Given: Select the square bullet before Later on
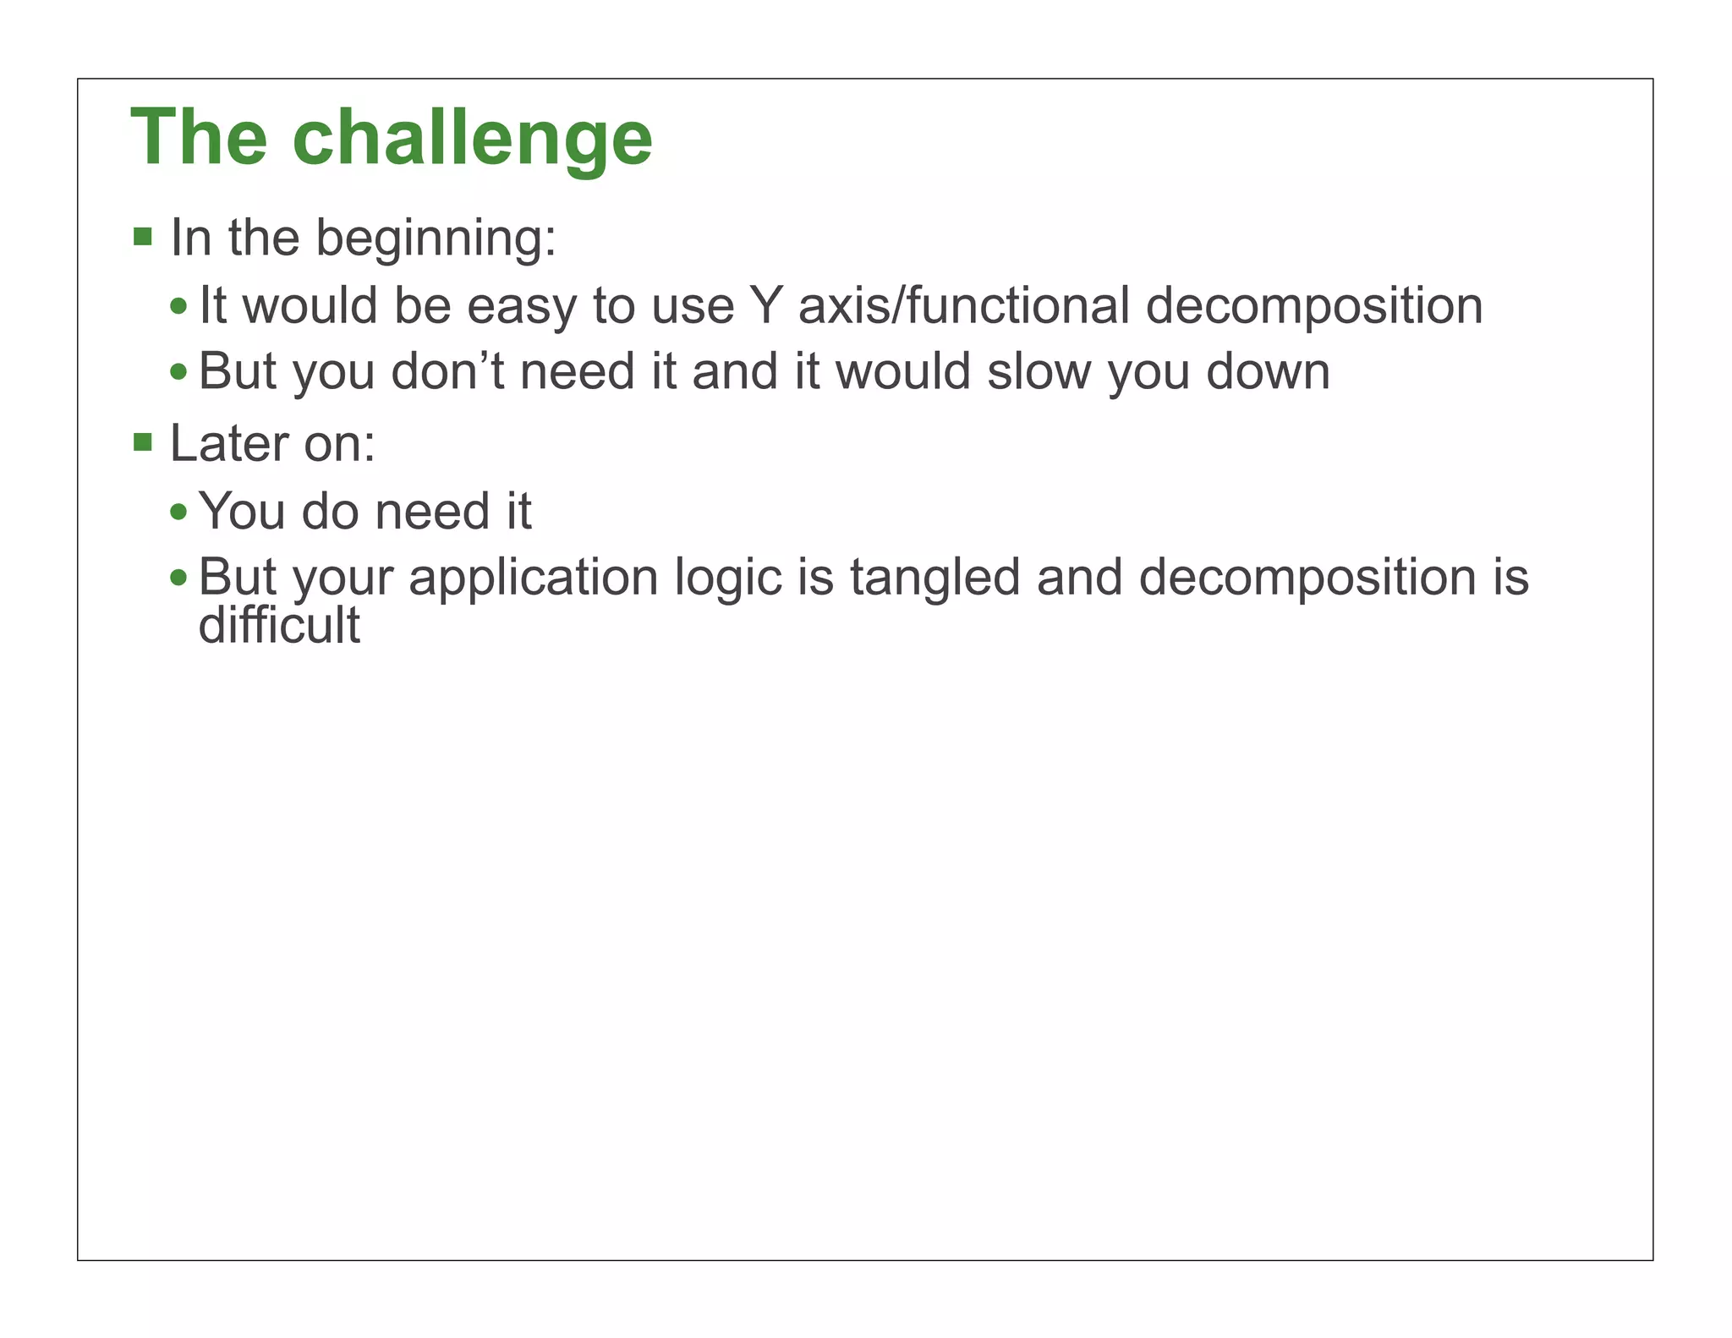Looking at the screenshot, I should click(143, 441).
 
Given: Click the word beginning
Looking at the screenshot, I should click(435, 239).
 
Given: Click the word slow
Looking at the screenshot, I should click(1039, 371).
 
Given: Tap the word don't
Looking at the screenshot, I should click(447, 371).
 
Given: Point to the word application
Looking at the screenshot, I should click(534, 579).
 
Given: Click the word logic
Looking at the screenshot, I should click(728, 579).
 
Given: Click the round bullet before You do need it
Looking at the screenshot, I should click(178, 512).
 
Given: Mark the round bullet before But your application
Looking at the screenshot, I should click(178, 579).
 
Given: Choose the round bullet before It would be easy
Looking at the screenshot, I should click(178, 306).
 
